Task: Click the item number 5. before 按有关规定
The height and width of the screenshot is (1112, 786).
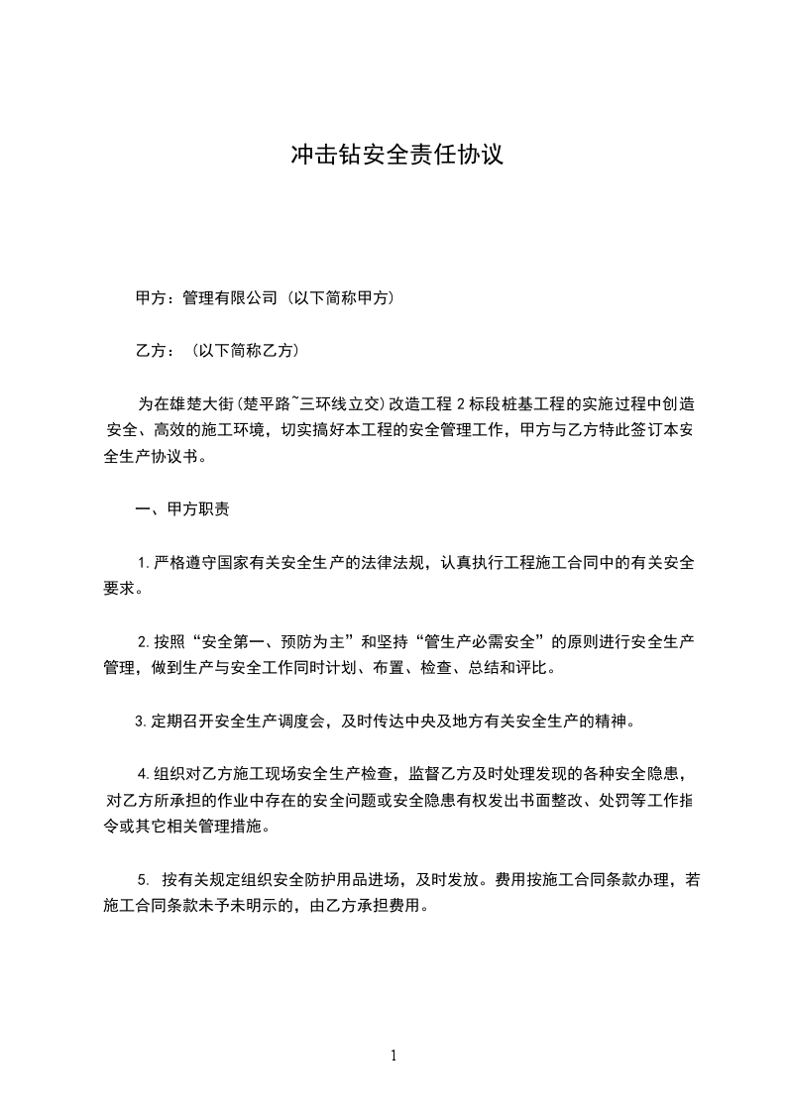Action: pyautogui.click(x=144, y=879)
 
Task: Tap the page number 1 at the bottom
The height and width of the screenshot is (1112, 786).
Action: pyautogui.click(x=393, y=1056)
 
